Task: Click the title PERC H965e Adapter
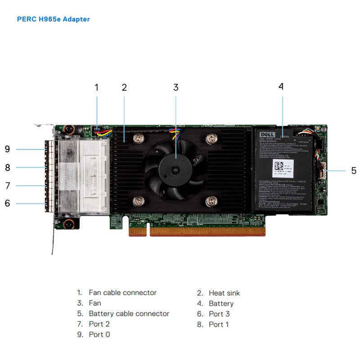53,19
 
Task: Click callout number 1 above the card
96,87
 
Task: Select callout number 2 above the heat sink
124,87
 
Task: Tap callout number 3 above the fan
176,87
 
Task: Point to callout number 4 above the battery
281,86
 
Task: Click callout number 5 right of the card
354,171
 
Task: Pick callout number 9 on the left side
7,149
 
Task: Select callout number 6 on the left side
7,203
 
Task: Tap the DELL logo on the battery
266,134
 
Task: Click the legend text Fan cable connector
122,292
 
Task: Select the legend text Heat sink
224,293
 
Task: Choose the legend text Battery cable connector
129,314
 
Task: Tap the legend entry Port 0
99,334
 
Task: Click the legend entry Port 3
219,314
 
